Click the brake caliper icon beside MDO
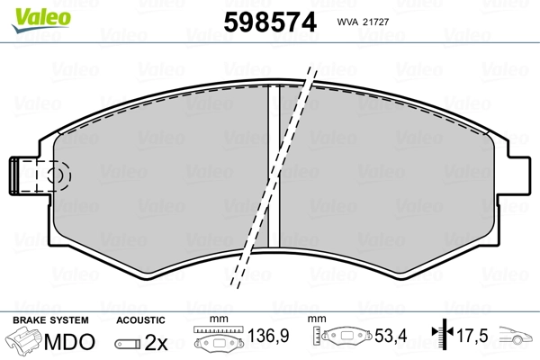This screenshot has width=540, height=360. coord(24,342)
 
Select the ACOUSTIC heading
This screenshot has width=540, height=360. coord(140,320)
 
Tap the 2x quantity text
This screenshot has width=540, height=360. coord(156,342)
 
